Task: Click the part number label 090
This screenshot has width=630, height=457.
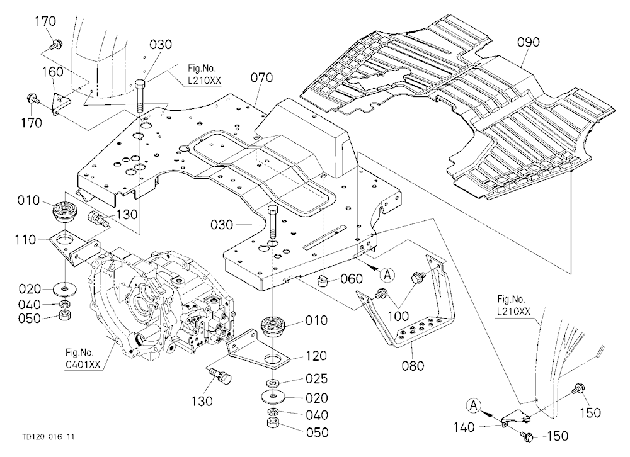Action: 528,42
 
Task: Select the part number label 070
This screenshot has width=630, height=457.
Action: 261,77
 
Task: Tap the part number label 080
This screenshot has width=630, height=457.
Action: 413,366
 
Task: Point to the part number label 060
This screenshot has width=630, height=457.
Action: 351,279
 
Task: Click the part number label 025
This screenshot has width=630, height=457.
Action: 317,379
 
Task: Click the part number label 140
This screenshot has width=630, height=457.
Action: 464,428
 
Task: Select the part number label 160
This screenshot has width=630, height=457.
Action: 53,72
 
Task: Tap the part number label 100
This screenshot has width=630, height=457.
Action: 398,316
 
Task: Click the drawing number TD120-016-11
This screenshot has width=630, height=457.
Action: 49,437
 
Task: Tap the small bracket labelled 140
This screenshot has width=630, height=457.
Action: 515,417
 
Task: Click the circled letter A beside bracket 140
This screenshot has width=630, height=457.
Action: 474,405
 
